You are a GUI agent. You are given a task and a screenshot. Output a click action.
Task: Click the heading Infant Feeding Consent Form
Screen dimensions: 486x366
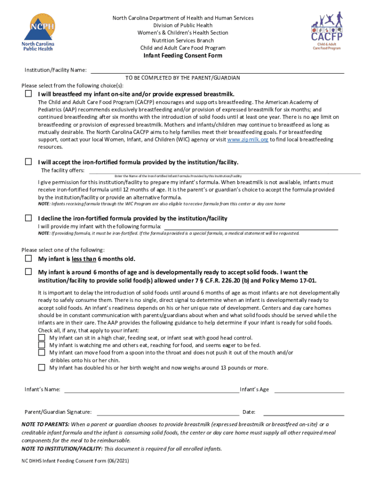(x=183, y=56)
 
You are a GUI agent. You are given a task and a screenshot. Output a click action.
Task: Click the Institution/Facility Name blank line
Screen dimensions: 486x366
(x=217, y=71)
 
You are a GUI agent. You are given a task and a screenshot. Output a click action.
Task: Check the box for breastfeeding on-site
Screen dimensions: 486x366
(x=29, y=94)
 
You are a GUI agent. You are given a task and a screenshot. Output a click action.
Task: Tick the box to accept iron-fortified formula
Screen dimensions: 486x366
(x=29, y=162)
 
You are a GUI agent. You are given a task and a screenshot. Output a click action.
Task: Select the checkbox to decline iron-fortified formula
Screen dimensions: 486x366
(x=29, y=218)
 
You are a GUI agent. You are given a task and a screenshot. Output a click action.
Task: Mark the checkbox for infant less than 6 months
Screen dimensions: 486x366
(x=29, y=259)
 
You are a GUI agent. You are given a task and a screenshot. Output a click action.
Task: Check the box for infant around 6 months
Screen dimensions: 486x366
(x=29, y=272)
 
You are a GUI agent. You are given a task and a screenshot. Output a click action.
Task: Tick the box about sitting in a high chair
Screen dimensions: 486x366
(x=41, y=337)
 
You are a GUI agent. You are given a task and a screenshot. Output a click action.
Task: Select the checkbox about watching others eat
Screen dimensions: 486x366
(x=41, y=345)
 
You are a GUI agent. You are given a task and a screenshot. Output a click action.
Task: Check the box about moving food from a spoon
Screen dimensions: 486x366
(x=41, y=353)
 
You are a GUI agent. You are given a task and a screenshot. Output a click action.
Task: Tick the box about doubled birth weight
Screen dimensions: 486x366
(x=41, y=367)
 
